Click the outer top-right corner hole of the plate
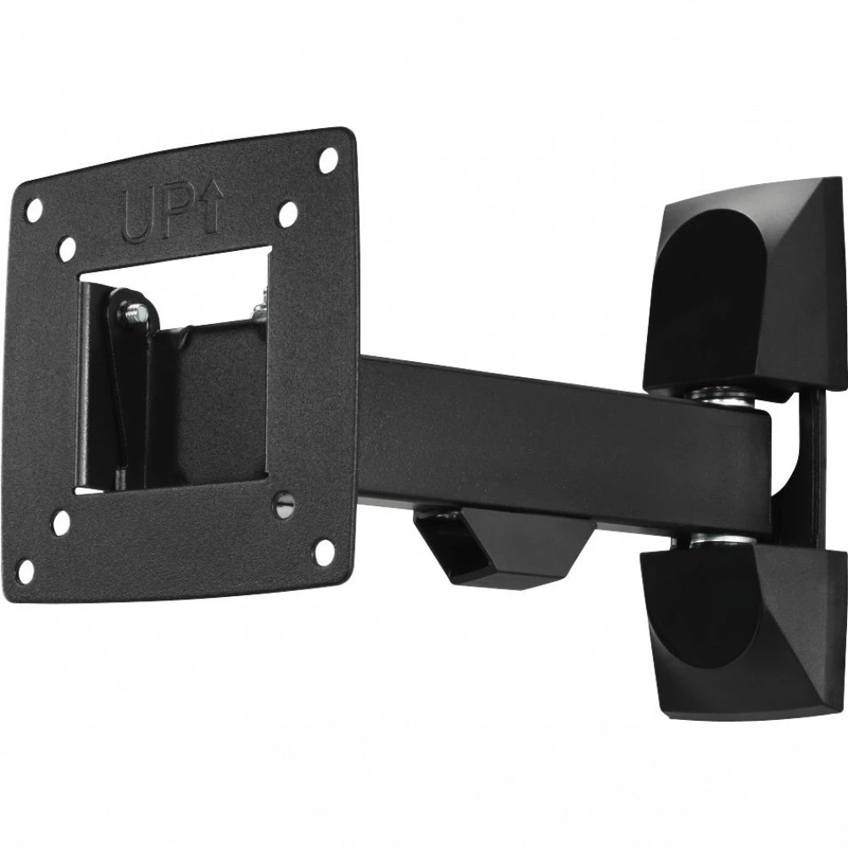tap(327, 160)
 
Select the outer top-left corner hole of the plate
tap(35, 209)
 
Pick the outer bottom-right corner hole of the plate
tap(323, 552)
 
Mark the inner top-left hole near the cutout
tap(68, 248)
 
